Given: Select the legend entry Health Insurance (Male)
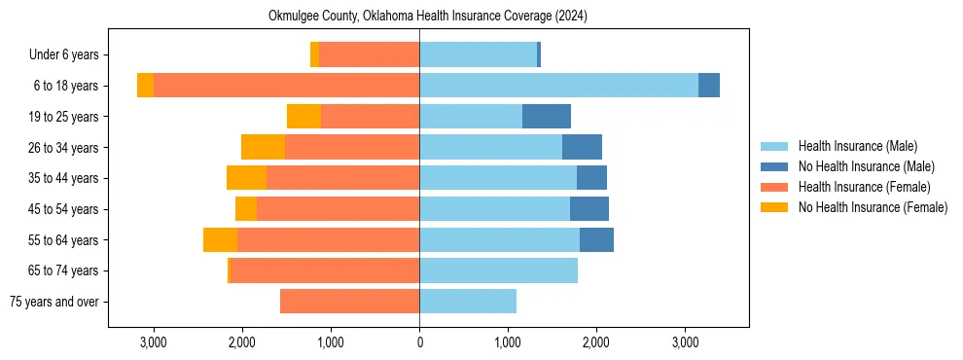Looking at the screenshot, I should coord(857,146).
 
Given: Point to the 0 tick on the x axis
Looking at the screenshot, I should coord(419,342).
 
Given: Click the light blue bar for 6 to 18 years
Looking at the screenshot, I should coord(558,86).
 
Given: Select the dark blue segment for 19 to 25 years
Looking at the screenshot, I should coord(547,117).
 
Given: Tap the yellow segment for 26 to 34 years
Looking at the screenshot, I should coord(263,147).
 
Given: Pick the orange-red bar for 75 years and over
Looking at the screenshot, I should coord(349,302).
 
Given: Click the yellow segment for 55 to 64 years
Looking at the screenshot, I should coord(220,240).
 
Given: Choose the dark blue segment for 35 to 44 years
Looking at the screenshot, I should coord(591,178).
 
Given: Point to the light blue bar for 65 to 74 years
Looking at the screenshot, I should coord(498,270).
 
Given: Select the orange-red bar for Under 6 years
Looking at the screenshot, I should coord(369,55).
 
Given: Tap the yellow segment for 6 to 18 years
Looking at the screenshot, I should coord(145,86).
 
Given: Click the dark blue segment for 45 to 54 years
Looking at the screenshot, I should coord(589,209).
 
